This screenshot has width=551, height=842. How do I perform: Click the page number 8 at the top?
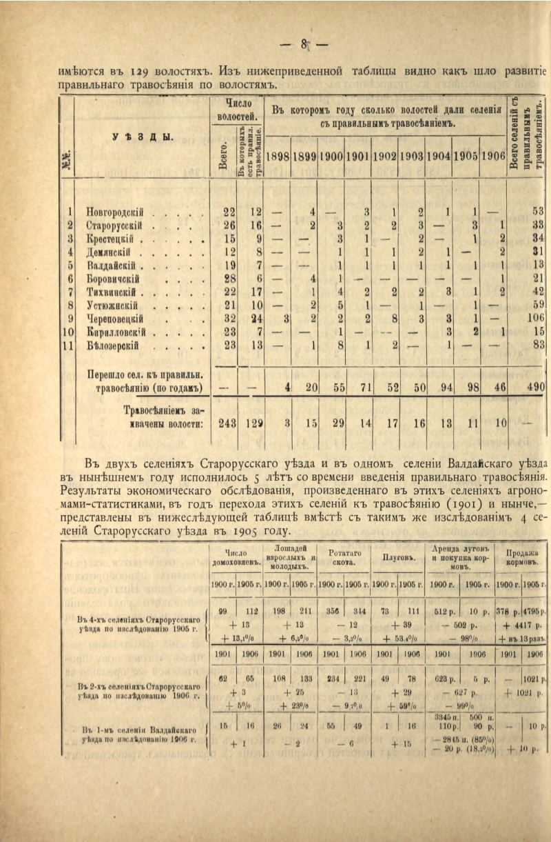303,46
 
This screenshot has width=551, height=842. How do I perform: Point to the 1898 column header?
278,156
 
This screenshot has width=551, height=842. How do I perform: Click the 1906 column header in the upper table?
492,156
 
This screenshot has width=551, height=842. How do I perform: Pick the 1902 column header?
385,156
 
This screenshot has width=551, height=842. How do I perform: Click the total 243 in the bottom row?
227,422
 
